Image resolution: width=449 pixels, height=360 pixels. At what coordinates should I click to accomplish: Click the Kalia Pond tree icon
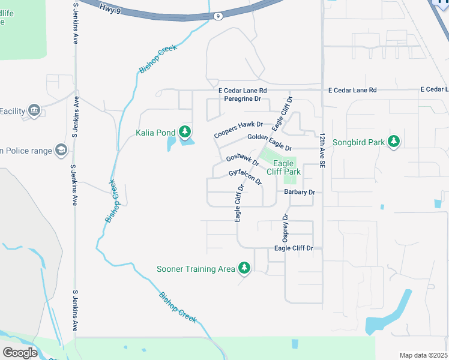[185, 131]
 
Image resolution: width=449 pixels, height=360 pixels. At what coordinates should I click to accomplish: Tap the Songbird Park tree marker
[394, 141]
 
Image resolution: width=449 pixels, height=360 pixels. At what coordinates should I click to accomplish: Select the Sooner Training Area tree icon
[244, 268]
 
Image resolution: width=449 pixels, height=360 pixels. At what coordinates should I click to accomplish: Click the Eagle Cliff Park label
[283, 167]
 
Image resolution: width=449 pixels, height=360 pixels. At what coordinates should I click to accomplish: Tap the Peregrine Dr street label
[240, 98]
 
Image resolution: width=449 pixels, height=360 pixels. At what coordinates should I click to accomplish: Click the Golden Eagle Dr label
[270, 143]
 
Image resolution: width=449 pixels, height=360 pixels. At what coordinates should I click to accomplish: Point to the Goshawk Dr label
[243, 160]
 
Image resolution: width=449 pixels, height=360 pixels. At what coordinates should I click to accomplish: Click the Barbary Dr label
[300, 192]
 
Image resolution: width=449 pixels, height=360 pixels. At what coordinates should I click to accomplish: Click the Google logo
[20, 352]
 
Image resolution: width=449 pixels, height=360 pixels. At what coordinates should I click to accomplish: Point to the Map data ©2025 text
[423, 355]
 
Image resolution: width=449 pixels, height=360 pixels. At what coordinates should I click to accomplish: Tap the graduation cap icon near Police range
[61, 150]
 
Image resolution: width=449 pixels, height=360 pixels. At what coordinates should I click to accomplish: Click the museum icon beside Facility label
[33, 110]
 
